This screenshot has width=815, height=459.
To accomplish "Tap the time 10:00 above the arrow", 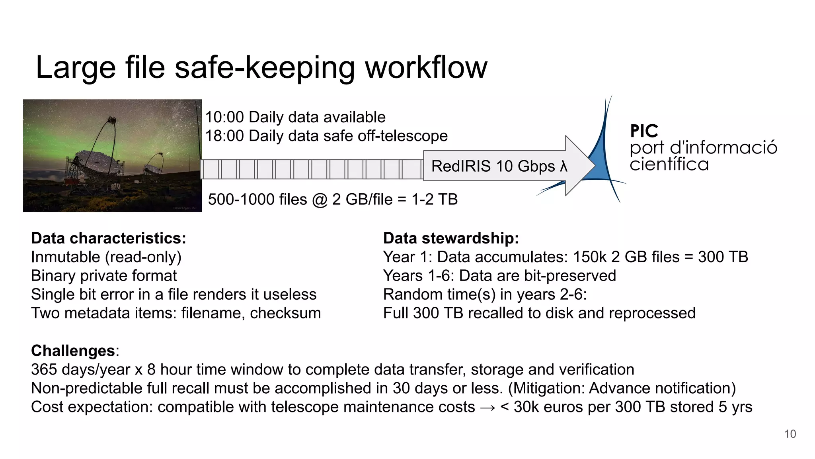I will tap(224, 118).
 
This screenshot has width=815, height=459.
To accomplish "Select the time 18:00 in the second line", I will tap(224, 136).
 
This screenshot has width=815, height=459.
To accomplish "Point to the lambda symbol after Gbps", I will tap(563, 166).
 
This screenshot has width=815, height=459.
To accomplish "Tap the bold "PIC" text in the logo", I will tap(644, 131).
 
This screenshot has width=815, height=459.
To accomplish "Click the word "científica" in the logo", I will tap(669, 165).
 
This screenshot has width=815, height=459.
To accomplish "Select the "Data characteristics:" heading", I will tap(109, 238).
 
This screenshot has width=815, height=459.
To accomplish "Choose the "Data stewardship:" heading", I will tap(451, 238).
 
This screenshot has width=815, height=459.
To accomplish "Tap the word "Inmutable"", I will tap(66, 257).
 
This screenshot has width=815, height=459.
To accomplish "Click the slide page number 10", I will tap(790, 434).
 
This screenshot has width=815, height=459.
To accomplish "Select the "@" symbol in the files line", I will tap(320, 200).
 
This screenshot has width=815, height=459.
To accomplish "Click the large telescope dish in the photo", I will tap(97, 161).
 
